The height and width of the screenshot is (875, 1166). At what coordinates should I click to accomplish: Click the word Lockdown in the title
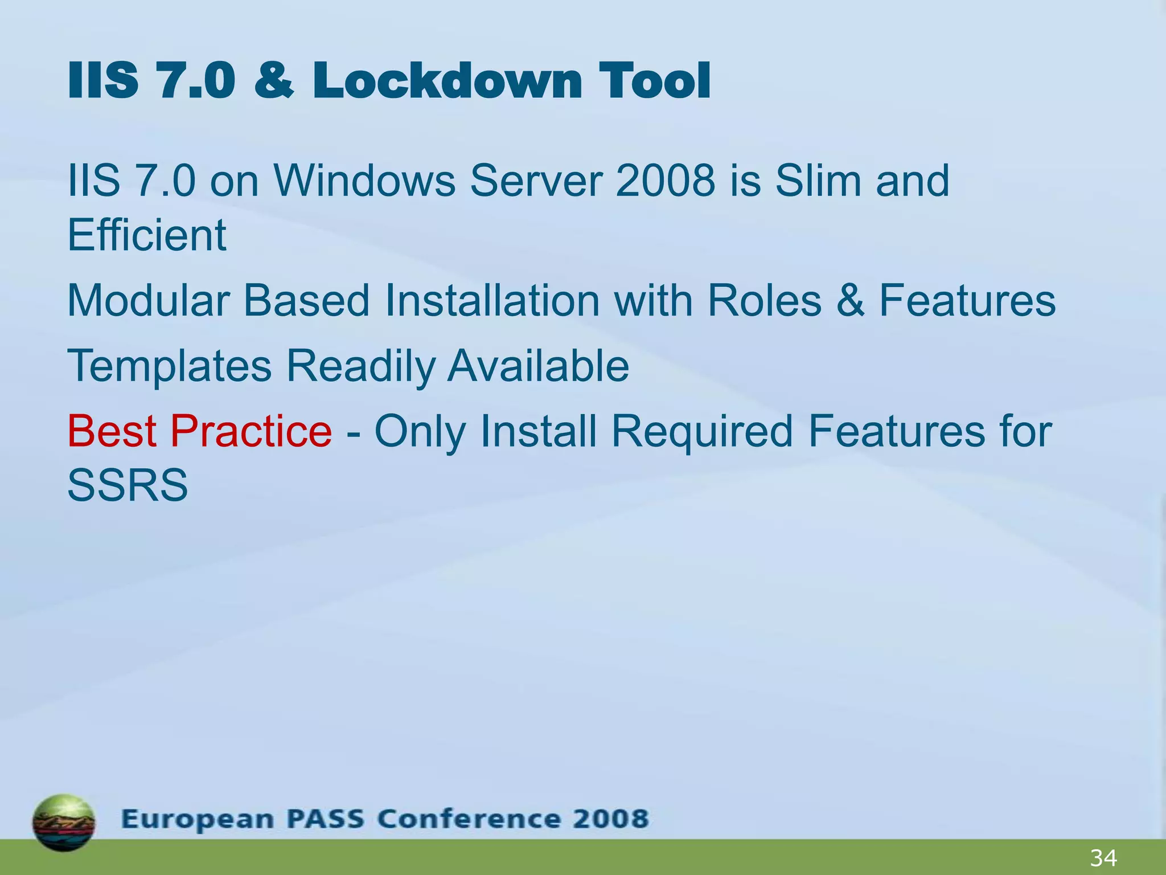[447, 81]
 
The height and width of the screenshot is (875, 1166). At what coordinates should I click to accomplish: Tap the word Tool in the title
[654, 81]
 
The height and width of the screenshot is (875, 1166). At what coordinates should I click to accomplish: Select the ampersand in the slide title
[274, 81]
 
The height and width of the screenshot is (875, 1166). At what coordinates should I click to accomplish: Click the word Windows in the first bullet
[364, 181]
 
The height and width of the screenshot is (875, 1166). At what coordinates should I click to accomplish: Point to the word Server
[536, 181]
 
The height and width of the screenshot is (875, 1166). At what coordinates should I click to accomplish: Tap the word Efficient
[147, 235]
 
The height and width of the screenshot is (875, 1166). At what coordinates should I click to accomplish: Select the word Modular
[148, 301]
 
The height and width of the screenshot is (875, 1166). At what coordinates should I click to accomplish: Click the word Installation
[492, 301]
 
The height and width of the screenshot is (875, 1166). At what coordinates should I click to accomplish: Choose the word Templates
[170, 366]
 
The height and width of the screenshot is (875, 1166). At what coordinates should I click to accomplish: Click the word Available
[538, 366]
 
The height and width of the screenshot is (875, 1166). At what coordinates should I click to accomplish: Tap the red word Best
[112, 431]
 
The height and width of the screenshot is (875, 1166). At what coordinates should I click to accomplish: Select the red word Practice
[251, 431]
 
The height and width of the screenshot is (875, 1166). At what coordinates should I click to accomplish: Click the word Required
[701, 431]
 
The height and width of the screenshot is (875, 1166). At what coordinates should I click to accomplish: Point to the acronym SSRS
[128, 485]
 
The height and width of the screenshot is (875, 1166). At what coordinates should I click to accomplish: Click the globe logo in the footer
[64, 823]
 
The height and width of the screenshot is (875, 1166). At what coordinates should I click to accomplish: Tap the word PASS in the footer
[325, 819]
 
